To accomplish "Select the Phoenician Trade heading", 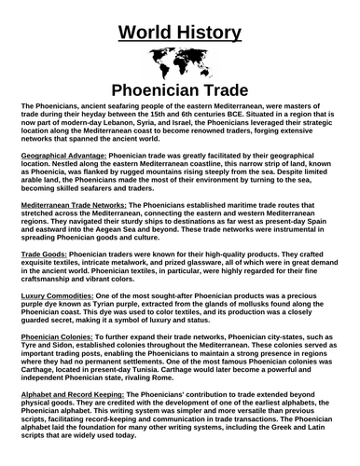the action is (x=180, y=93).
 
